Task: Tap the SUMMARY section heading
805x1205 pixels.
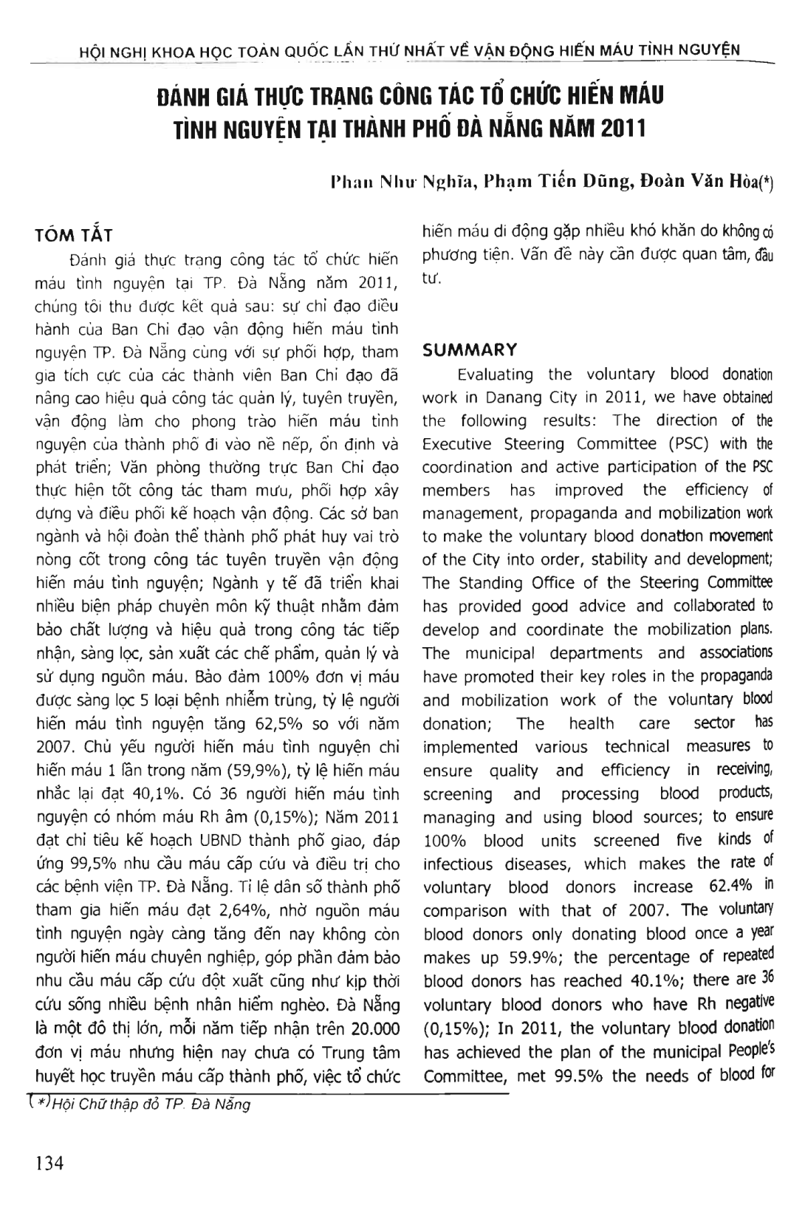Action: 469,349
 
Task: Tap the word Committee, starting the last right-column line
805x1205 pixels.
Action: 465,1075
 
